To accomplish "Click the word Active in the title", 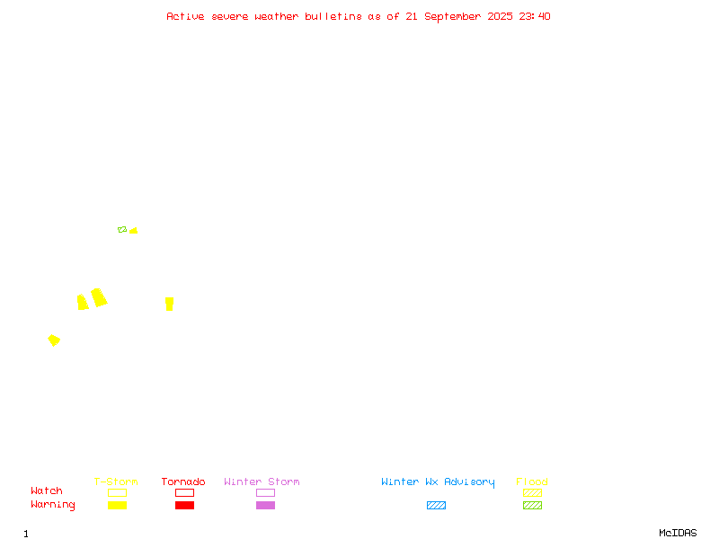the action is (x=185, y=16).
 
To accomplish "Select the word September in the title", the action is (x=453, y=17).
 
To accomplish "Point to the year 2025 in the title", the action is (x=500, y=16).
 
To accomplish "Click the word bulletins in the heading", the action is (x=333, y=16).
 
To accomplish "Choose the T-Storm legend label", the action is (x=116, y=482).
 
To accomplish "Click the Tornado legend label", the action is (x=183, y=482).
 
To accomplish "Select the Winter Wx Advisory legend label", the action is (x=438, y=482).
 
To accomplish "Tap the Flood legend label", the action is (x=532, y=482).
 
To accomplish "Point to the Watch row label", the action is (x=47, y=490).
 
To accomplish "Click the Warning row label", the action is (x=53, y=505).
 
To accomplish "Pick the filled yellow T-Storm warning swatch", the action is (x=118, y=505).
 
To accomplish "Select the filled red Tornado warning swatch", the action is (x=185, y=505).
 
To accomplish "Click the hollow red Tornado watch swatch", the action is (x=185, y=489).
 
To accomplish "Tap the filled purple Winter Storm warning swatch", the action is (x=265, y=505).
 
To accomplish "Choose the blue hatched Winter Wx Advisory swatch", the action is (x=436, y=505).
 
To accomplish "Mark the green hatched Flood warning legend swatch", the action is (x=532, y=505).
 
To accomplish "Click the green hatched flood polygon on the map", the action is (x=122, y=230).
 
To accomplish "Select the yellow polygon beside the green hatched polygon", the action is (x=134, y=231).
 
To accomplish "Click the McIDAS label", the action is (x=678, y=533).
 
